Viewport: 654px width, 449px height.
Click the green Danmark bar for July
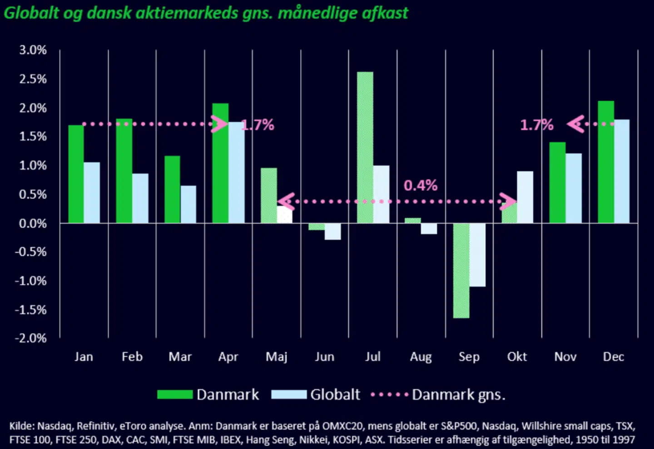point(365,147)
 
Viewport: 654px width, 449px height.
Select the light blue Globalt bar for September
point(477,255)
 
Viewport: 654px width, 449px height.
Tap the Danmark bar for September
point(461,271)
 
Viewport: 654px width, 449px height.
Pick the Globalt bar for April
point(236,173)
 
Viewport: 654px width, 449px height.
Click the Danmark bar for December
point(606,162)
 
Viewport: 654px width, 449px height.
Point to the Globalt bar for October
point(525,197)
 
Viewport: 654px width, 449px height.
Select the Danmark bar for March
point(172,190)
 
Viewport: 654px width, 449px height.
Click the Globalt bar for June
point(332,232)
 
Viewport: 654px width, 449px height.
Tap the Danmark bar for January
point(76,174)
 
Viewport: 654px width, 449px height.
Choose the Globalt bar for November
point(573,188)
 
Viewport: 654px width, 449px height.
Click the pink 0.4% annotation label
point(421,186)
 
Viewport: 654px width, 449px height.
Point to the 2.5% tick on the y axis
point(33,79)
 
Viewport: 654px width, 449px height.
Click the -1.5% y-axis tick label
point(31,310)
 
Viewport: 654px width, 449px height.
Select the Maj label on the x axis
point(277,357)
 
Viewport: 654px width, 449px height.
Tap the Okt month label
point(517,357)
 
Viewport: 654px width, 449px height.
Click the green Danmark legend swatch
point(175,394)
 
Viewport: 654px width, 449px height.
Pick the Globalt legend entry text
point(335,394)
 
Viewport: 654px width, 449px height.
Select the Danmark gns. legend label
point(458,394)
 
